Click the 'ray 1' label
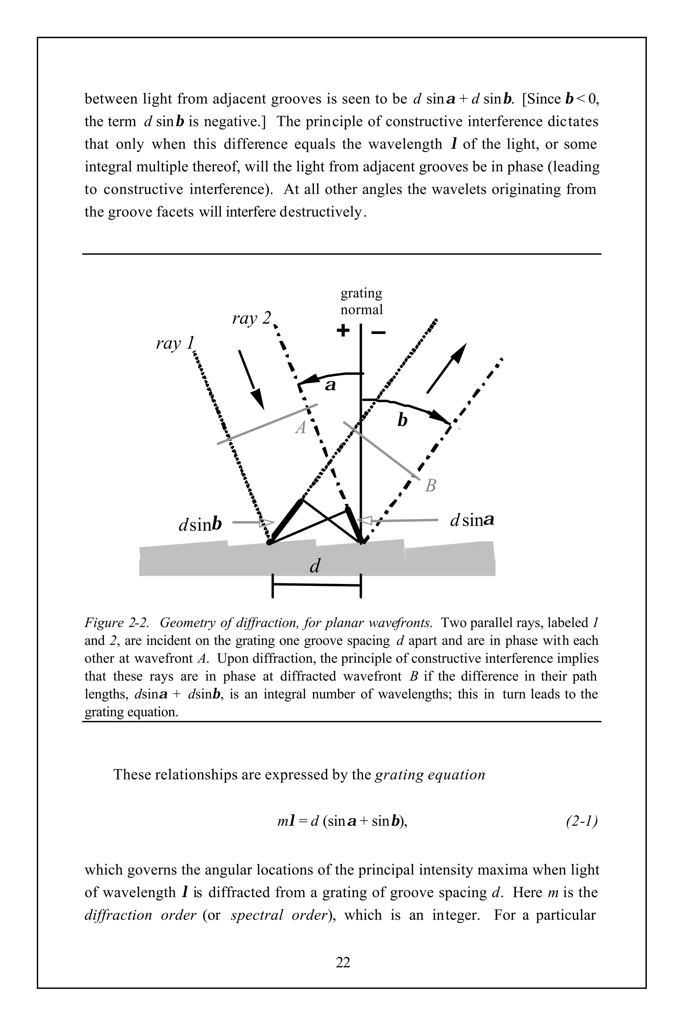pyautogui.click(x=175, y=344)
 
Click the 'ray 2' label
pyautogui.click(x=252, y=319)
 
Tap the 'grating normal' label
pyautogui.click(x=361, y=301)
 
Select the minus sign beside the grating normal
pyautogui.click(x=379, y=333)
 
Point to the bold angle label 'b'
pyautogui.click(x=402, y=420)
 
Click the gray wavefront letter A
pyautogui.click(x=300, y=427)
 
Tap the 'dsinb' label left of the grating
pyautogui.click(x=200, y=524)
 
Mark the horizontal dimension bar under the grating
pyautogui.click(x=316, y=585)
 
